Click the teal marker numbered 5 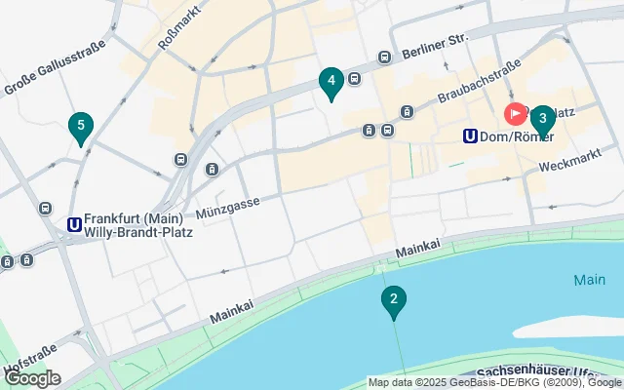[81, 126]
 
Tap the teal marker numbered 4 [331, 82]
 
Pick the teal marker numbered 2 [393, 301]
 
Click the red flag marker [514, 114]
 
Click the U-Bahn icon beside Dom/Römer [471, 137]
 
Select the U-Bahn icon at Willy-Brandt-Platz [74, 225]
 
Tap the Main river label [589, 280]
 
